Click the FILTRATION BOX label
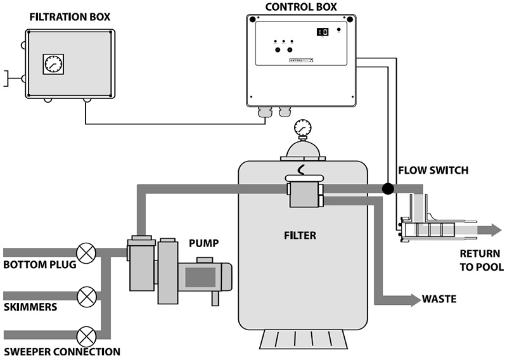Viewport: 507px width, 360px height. [70, 15]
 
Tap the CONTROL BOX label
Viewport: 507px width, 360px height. [302, 8]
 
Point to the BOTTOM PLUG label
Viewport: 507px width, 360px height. [39, 265]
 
